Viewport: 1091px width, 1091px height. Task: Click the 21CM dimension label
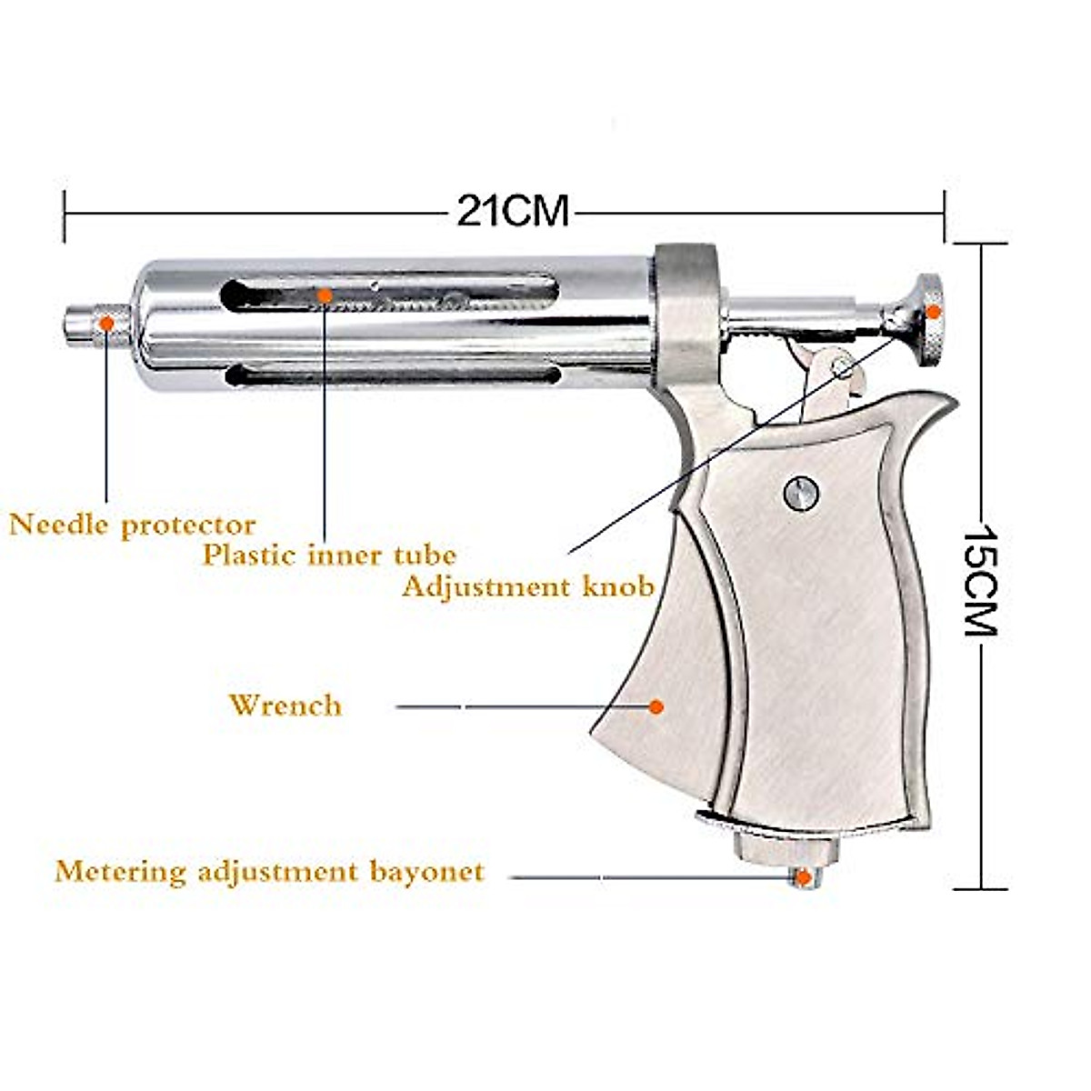513,212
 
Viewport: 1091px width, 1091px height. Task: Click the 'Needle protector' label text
133,525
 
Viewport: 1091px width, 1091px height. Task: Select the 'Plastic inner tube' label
329,555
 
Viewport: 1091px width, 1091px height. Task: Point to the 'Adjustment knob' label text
528,586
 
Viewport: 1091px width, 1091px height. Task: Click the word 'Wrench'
285,706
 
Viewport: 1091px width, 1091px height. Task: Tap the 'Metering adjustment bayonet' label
269,872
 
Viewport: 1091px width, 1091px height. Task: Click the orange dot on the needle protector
106,323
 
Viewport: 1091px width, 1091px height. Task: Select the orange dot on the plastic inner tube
325,295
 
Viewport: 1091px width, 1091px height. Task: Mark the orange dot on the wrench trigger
656,706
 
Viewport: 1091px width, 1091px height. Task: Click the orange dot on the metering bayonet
803,877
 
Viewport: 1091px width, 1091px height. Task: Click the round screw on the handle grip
801,493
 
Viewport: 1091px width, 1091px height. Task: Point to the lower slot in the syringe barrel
391,375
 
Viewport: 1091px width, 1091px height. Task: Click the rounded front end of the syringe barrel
145,325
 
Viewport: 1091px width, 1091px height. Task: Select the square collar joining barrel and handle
686,314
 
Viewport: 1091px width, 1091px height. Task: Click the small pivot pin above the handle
842,368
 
